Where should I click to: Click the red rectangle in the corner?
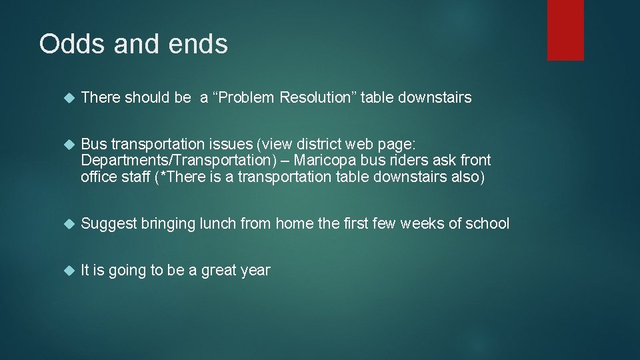pyautogui.click(x=565, y=30)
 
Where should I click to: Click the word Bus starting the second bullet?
pyautogui.click(x=93, y=145)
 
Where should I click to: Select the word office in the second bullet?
pyautogui.click(x=98, y=177)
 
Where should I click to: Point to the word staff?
pyautogui.click(x=136, y=177)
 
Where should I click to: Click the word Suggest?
pyautogui.click(x=109, y=224)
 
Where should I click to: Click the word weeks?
pyautogui.click(x=424, y=224)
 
